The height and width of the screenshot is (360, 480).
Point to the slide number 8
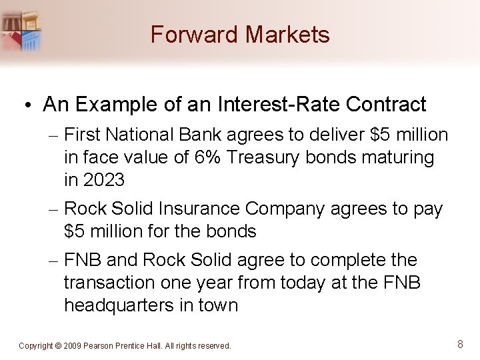point(460,344)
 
